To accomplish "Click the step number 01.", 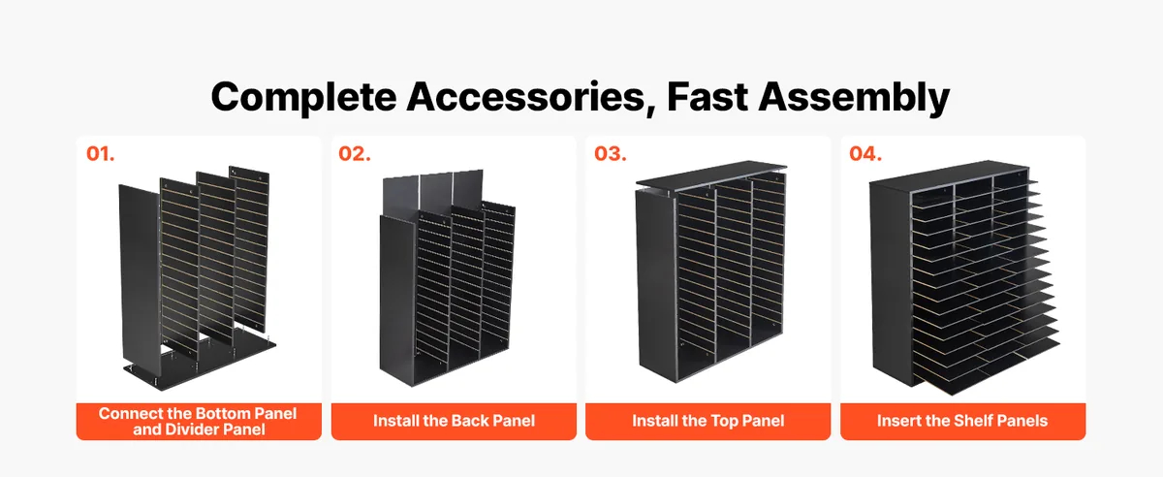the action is click(x=100, y=154).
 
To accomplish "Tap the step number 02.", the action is click(x=355, y=154).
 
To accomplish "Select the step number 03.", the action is click(x=610, y=154).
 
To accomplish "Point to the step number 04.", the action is click(x=865, y=154).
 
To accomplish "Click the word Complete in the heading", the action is click(x=303, y=98).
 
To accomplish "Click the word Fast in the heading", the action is click(x=707, y=97).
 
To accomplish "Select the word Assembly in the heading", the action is click(x=854, y=98).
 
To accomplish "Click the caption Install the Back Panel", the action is click(x=454, y=421).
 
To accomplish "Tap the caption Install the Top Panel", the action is click(x=708, y=421).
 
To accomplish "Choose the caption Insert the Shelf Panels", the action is click(x=962, y=421).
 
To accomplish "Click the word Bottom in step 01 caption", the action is click(x=221, y=413).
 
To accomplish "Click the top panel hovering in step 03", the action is click(x=711, y=175).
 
